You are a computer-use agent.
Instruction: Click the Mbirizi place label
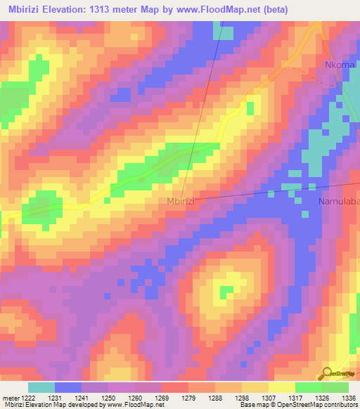coord(180,201)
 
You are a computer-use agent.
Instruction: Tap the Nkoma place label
coord(340,65)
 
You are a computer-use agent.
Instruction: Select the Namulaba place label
coord(340,202)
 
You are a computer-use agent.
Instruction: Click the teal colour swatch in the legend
coord(41,387)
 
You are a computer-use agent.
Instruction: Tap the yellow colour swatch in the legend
coord(282,387)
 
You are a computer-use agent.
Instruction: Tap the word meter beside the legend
coord(12,398)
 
